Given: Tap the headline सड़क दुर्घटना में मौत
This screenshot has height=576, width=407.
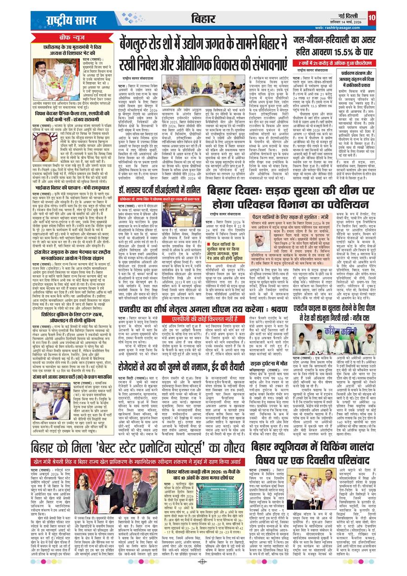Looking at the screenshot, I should tap(274, 348).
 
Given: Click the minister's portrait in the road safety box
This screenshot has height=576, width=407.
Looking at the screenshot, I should tap(261, 242).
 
